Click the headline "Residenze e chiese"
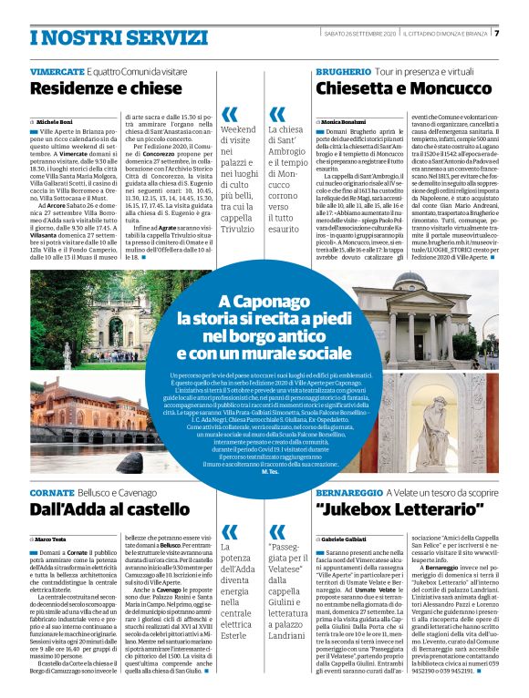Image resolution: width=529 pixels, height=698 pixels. coord(106,88)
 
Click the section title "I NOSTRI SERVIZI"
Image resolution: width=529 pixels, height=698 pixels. coord(91,36)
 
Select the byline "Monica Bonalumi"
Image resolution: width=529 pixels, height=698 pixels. coord(345,121)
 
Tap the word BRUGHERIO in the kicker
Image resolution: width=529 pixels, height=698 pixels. coord(343,71)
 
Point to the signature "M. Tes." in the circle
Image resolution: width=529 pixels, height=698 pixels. coord(269,469)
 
